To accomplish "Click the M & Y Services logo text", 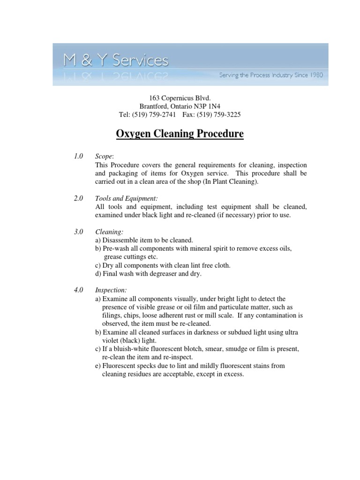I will pyautogui.click(x=116, y=60).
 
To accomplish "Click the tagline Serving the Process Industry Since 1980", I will pyautogui.click(x=271, y=75).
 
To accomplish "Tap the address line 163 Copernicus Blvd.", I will pyautogui.click(x=180, y=98).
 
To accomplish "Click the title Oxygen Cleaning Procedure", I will pyautogui.click(x=180, y=134).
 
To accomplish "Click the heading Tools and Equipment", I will pyautogui.click(x=123, y=198).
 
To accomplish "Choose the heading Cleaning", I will pyautogui.click(x=109, y=232).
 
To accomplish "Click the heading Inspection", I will pyautogui.click(x=111, y=290).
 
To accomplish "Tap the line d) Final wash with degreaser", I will pyautogui.click(x=148, y=274).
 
